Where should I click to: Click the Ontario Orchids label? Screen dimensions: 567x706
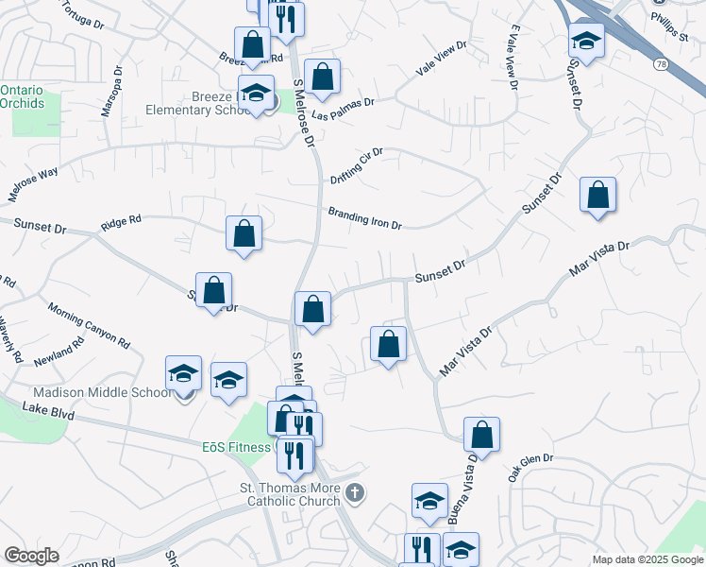(x=23, y=96)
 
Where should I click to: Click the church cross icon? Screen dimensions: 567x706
(x=354, y=492)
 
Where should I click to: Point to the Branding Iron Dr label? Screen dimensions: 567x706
(x=365, y=218)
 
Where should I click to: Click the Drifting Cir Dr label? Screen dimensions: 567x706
(x=357, y=165)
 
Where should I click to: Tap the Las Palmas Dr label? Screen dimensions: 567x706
(x=344, y=109)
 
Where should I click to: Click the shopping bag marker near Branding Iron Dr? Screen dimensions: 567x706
(x=244, y=234)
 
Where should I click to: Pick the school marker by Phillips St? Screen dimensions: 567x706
(x=586, y=41)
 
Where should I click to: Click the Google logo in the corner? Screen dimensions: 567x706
(x=31, y=556)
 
